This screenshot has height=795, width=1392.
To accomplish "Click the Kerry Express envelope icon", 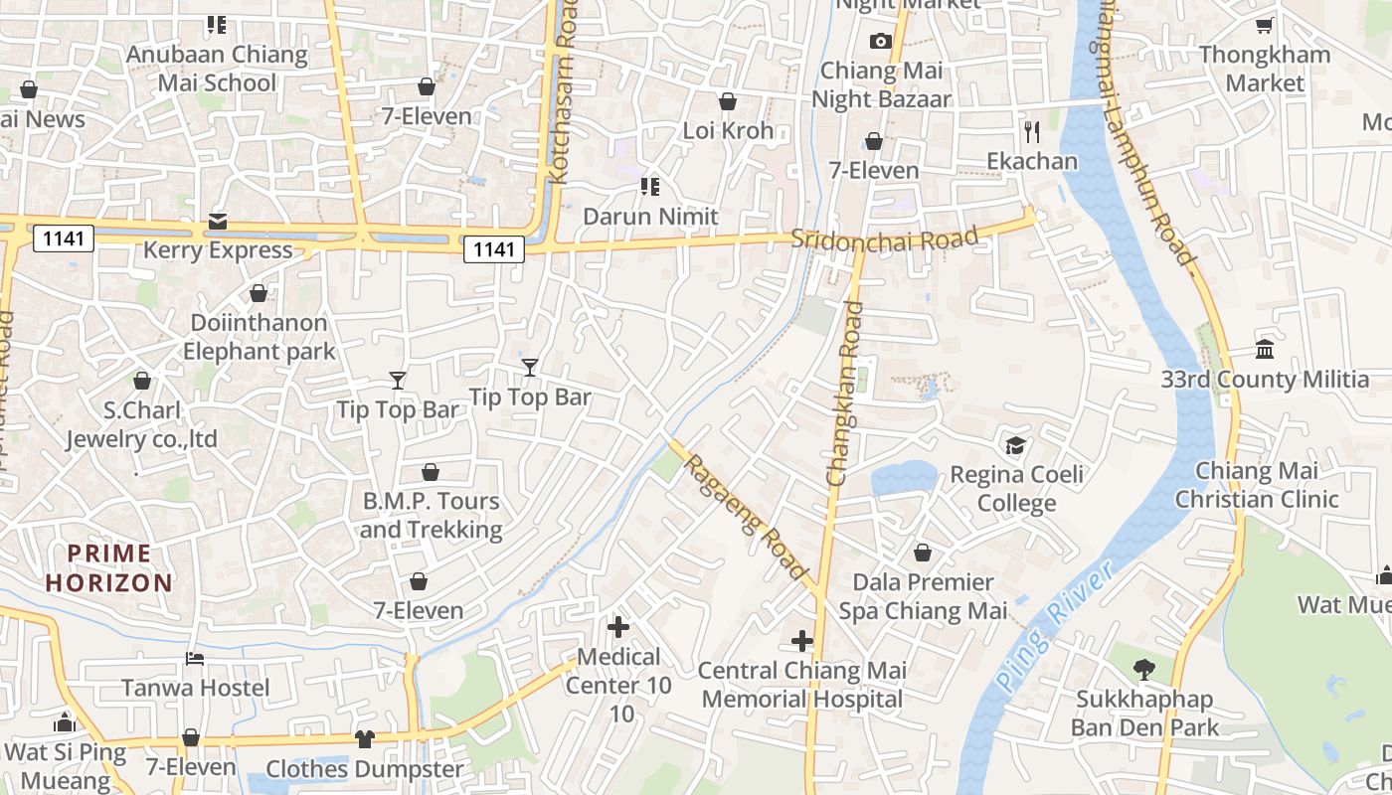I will click(218, 221).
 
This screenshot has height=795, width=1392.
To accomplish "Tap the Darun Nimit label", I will click(650, 216).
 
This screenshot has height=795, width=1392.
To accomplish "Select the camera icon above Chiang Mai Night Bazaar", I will click(880, 41).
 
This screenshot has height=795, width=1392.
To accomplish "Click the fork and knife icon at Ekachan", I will click(1032, 131).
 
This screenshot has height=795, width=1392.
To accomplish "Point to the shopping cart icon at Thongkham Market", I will click(1264, 26).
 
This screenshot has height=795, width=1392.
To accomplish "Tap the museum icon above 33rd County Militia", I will click(1265, 349).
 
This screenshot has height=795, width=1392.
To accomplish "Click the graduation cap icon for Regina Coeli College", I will click(1015, 444).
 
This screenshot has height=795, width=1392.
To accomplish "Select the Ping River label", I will click(1053, 626).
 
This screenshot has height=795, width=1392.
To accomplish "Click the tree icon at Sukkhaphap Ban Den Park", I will click(1143, 670).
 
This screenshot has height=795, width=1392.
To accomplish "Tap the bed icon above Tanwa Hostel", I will click(195, 659).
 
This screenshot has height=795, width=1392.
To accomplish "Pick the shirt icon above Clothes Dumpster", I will click(365, 739).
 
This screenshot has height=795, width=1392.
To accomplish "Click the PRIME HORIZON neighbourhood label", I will click(108, 568).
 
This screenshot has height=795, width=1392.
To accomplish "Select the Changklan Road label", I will click(845, 395).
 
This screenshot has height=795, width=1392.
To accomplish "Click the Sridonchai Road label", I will click(885, 238).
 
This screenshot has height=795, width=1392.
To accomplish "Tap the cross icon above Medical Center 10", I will click(618, 627).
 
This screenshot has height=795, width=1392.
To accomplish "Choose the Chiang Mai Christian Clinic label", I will click(1257, 485).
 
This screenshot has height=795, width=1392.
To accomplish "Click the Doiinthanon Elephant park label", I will click(259, 337).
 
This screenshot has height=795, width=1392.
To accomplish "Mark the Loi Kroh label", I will click(728, 130).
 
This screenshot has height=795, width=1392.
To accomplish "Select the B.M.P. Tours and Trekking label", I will click(431, 515).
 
